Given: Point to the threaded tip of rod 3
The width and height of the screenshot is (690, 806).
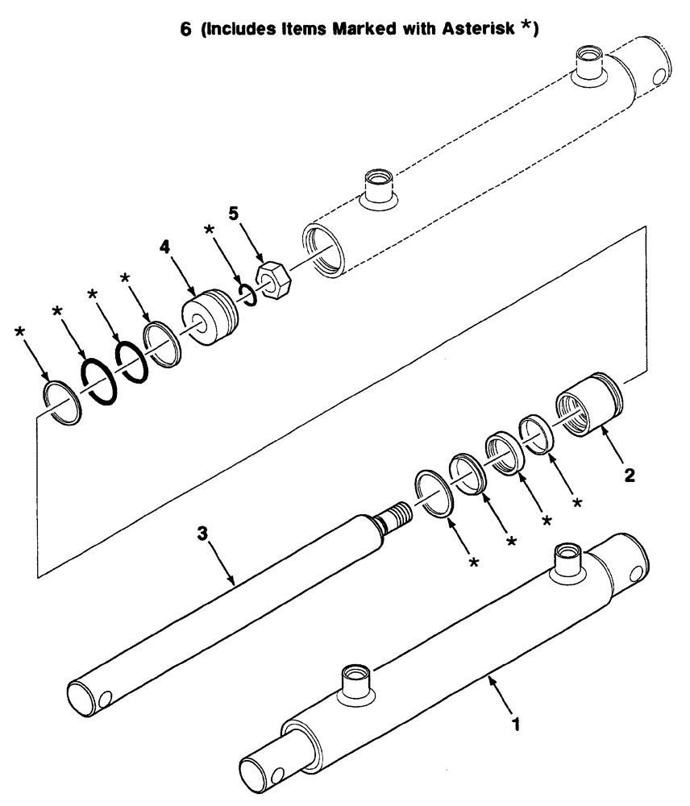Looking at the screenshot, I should coord(394,513).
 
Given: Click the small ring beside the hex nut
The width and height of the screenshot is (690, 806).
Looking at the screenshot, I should coord(248,294).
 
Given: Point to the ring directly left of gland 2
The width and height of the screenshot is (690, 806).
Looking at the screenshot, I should coord(534,431).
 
